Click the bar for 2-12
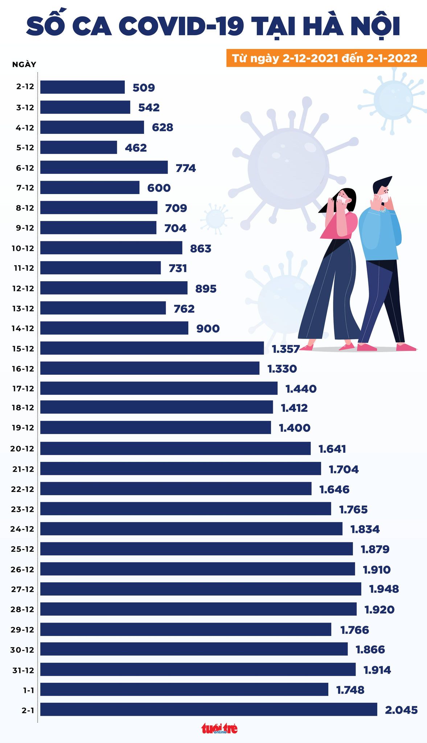(x=82, y=87)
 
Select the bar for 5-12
(x=78, y=147)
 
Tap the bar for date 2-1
(x=209, y=709)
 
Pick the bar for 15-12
(x=152, y=348)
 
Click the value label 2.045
(x=401, y=710)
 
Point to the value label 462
(x=136, y=148)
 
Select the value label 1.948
(x=384, y=589)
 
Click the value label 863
(x=201, y=249)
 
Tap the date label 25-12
(x=22, y=549)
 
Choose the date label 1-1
(x=29, y=690)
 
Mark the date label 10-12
(x=23, y=249)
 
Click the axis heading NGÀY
(x=24, y=65)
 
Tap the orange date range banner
(x=324, y=58)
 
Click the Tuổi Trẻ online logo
(x=219, y=728)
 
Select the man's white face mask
(x=382, y=198)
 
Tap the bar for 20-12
(x=175, y=448)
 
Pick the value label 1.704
(x=344, y=469)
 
